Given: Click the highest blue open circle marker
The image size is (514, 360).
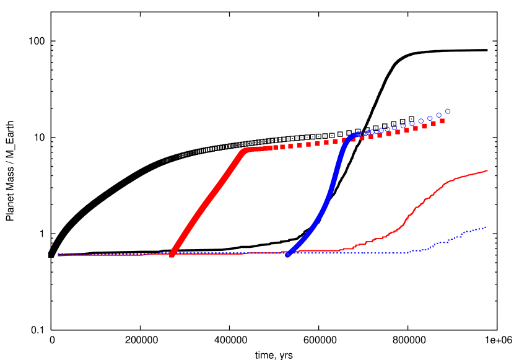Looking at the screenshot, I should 448,112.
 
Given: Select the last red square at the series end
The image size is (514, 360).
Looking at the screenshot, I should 442,121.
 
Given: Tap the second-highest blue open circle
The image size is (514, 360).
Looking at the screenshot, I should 438,115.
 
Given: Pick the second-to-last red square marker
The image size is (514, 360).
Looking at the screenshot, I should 433,123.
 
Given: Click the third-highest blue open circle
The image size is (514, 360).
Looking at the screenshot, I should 430,118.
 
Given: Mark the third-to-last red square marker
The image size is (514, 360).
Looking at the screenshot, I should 424,126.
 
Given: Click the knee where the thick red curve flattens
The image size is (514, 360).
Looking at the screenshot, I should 246,150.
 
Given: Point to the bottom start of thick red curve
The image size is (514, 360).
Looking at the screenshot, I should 172,253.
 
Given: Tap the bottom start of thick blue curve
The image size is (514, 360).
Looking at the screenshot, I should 287,254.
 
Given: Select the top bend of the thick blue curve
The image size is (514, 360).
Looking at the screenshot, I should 353,135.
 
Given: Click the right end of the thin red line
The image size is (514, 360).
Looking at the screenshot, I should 487,170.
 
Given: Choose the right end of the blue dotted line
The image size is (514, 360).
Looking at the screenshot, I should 487,226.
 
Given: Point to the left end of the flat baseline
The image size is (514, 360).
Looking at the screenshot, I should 58,255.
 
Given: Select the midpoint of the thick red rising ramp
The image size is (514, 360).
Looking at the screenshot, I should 209,201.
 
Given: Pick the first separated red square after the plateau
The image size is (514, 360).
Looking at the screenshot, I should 276,147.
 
